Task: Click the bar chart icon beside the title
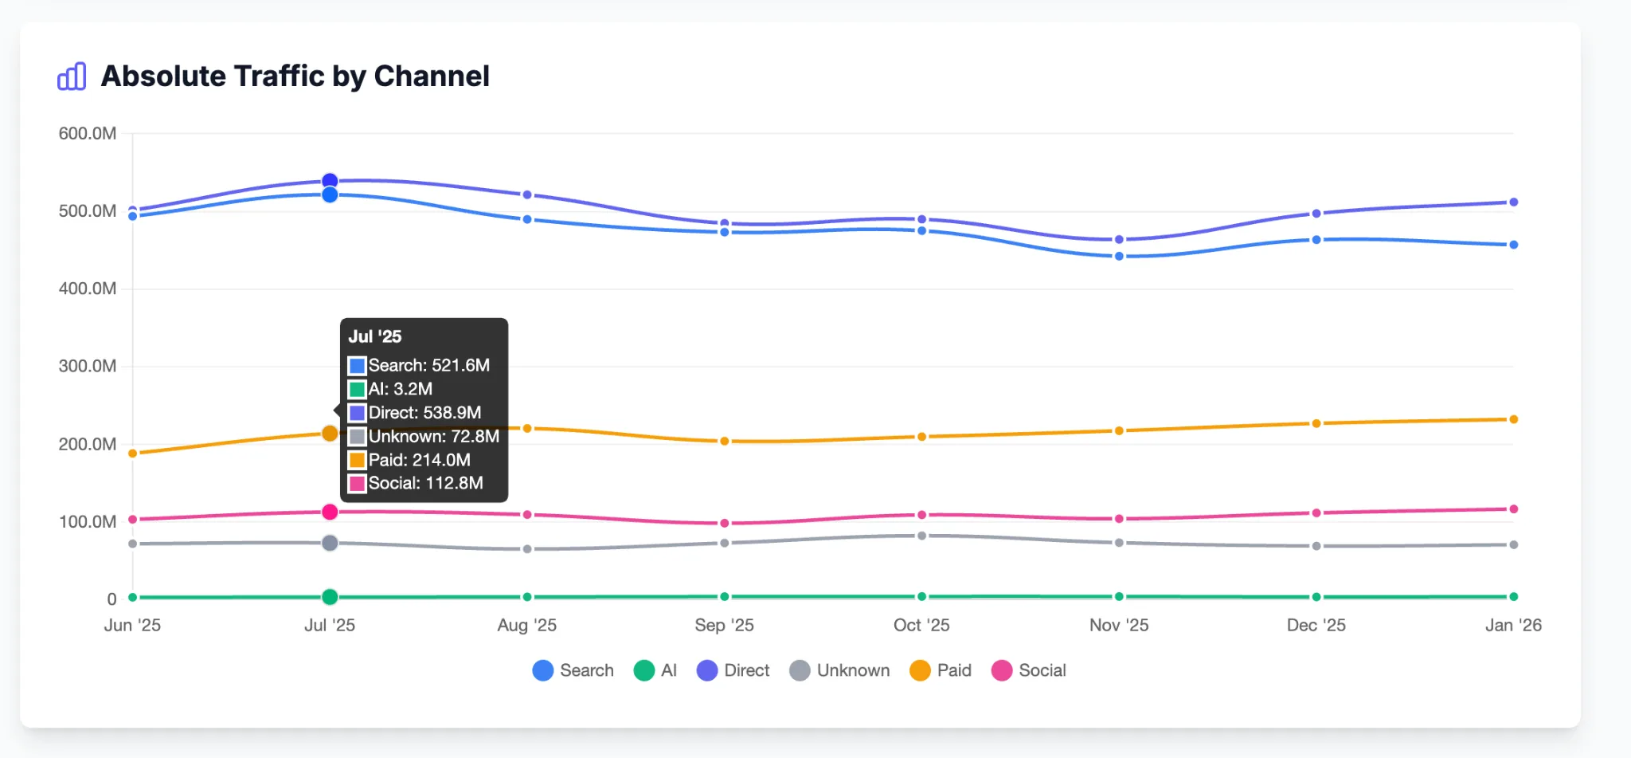tap(72, 77)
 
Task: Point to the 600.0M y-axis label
tap(88, 133)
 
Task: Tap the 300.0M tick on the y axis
tap(88, 366)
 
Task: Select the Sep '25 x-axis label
tap(724, 625)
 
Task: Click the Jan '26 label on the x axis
tap(1512, 625)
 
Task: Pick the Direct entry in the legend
tap(733, 670)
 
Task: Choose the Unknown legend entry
tap(839, 670)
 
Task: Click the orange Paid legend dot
tap(920, 670)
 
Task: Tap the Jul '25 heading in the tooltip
tap(375, 336)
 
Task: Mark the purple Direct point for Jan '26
tap(1513, 202)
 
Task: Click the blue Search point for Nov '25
tap(1119, 256)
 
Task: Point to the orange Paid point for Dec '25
tap(1316, 423)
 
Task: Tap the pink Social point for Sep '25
tap(724, 523)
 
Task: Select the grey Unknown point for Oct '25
tap(921, 536)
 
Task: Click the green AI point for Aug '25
tap(526, 597)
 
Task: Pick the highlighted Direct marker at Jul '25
tap(330, 181)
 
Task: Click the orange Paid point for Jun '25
tap(133, 454)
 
